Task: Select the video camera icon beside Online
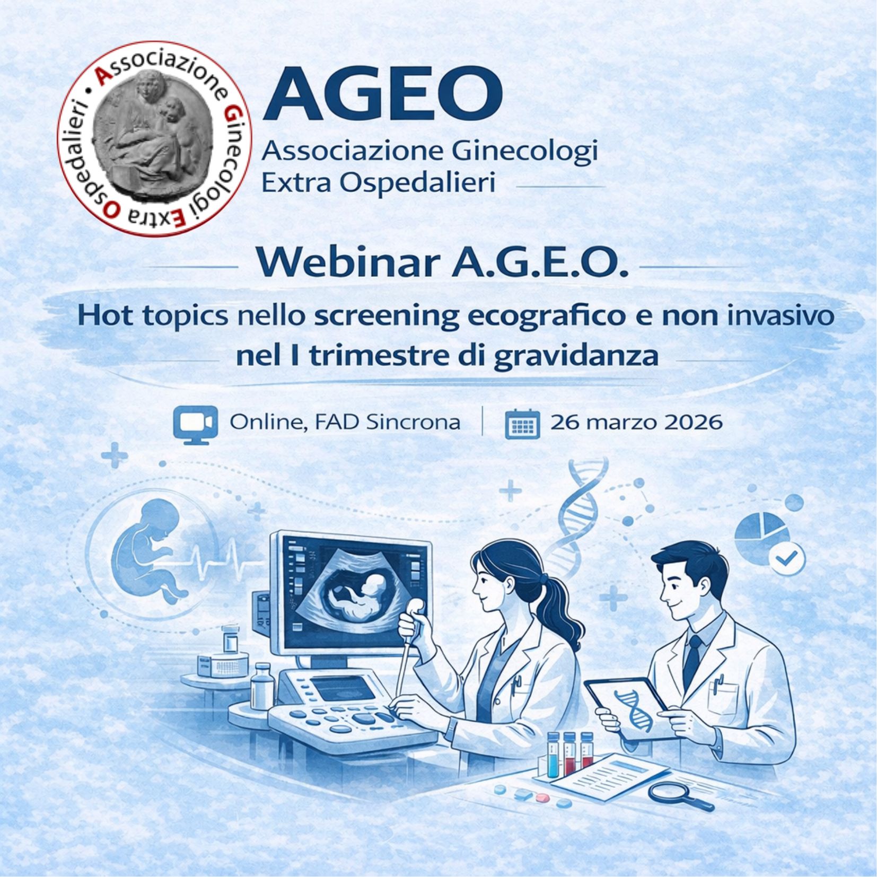(195, 423)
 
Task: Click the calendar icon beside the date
(523, 425)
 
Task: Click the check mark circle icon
(787, 558)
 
